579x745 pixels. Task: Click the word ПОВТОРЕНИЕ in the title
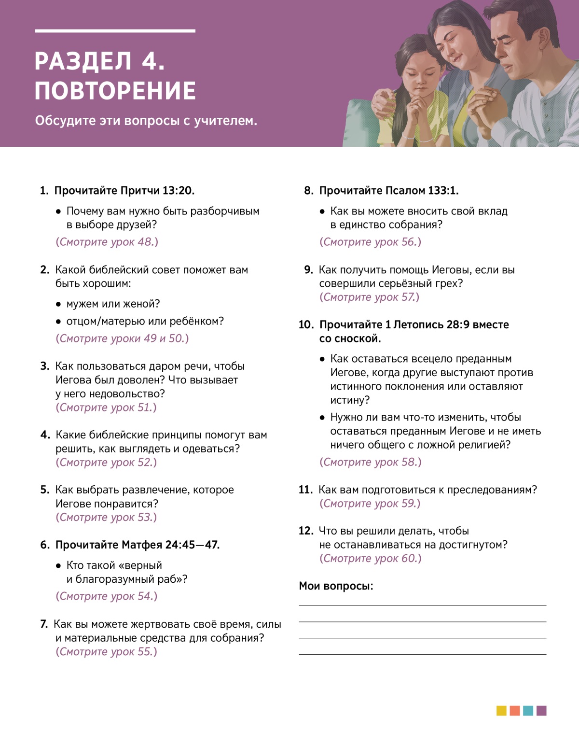click(x=115, y=91)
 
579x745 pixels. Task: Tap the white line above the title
click(x=115, y=31)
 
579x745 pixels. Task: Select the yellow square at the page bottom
click(x=501, y=711)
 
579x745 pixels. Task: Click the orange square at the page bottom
click(x=515, y=711)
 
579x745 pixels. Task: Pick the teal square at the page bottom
click(x=528, y=711)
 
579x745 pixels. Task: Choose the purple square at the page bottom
click(x=541, y=711)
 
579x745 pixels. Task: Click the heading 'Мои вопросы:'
click(x=336, y=586)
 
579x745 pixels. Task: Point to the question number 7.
click(x=44, y=624)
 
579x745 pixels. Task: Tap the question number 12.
click(x=306, y=531)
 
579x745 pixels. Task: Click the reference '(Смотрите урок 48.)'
click(x=107, y=242)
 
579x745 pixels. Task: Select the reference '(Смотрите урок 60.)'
click(x=370, y=559)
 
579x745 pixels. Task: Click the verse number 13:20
click(x=178, y=191)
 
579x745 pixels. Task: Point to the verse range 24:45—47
click(x=192, y=545)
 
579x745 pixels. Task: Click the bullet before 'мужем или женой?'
click(x=58, y=305)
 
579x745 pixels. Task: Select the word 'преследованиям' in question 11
click(x=492, y=490)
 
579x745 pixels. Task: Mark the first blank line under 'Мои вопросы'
click(x=422, y=605)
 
